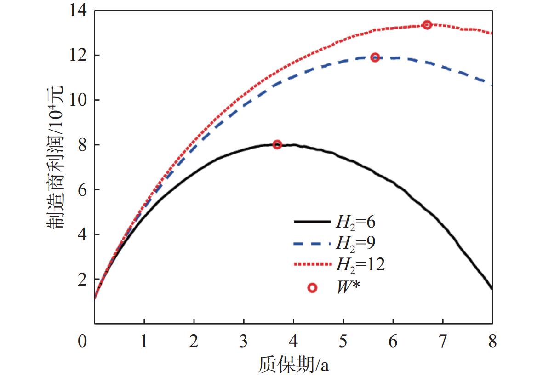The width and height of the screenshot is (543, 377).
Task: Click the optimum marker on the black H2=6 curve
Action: point(277,144)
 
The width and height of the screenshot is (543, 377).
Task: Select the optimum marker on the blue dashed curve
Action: point(375,57)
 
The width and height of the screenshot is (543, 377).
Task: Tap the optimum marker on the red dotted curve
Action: point(427,25)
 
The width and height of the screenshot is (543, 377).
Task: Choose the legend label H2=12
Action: point(360,264)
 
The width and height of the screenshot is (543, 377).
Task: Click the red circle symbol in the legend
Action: point(312,288)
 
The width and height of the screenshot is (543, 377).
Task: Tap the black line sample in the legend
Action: point(312,222)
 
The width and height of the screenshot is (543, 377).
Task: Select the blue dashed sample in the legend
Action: point(312,243)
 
